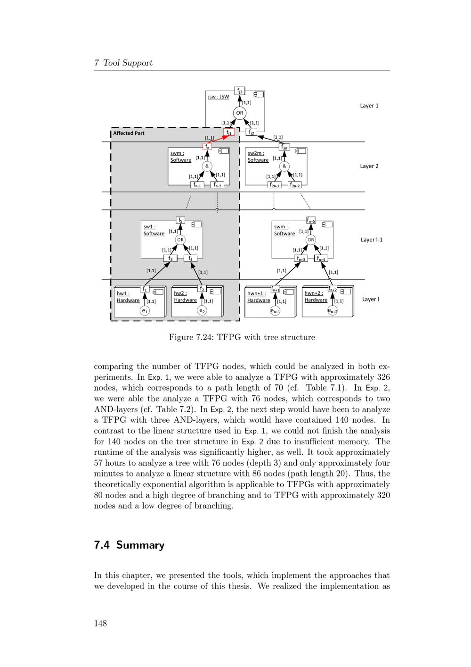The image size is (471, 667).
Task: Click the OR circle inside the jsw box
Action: pyautogui.click(x=240, y=113)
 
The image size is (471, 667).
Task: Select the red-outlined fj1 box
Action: pyautogui.click(x=229, y=133)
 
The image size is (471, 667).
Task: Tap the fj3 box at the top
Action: pyautogui.click(x=240, y=91)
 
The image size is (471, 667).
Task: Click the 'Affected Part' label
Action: pyautogui.click(x=129, y=133)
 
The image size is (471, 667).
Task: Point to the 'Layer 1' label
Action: pyautogui.click(x=369, y=106)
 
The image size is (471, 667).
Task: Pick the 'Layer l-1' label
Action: pyautogui.click(x=372, y=240)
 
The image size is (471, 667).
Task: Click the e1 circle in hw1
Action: pyautogui.click(x=145, y=310)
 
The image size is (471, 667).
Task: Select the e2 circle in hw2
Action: pyautogui.click(x=202, y=310)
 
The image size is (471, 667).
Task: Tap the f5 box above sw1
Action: pyautogui.click(x=180, y=220)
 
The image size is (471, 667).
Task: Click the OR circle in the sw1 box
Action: pyautogui.click(x=180, y=240)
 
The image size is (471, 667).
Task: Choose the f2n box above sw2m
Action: pyautogui.click(x=284, y=147)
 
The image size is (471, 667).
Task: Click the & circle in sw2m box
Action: pyautogui.click(x=284, y=166)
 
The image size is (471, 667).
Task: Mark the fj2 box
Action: pyautogui.click(x=252, y=133)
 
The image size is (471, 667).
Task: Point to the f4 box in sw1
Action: pyautogui.click(x=191, y=258)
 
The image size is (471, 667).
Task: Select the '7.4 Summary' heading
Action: pyautogui.click(x=129, y=545)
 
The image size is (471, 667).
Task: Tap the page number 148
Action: pyautogui.click(x=100, y=624)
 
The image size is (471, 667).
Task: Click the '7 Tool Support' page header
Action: pyautogui.click(x=123, y=63)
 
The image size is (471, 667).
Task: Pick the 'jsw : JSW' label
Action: pyautogui.click(x=219, y=97)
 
